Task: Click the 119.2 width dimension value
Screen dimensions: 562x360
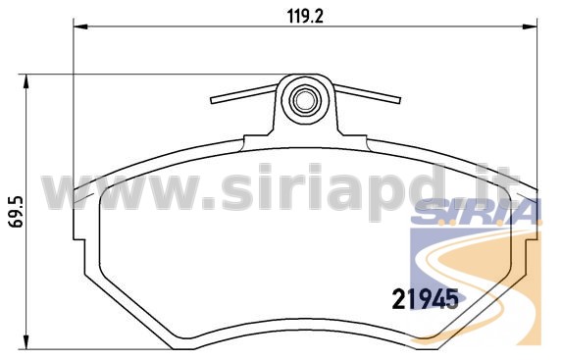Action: (305, 16)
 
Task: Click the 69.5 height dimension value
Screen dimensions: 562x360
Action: (16, 211)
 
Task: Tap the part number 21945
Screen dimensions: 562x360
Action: (426, 298)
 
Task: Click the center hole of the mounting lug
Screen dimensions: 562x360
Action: (305, 101)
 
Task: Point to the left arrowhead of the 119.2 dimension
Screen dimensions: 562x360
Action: (80, 26)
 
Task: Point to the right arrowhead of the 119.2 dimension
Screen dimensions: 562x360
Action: (530, 26)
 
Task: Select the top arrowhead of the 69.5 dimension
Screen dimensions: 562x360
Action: (26, 81)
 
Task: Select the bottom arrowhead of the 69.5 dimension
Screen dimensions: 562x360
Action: (26, 341)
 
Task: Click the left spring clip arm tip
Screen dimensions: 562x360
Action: (212, 100)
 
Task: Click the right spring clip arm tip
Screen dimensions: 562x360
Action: (398, 100)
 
